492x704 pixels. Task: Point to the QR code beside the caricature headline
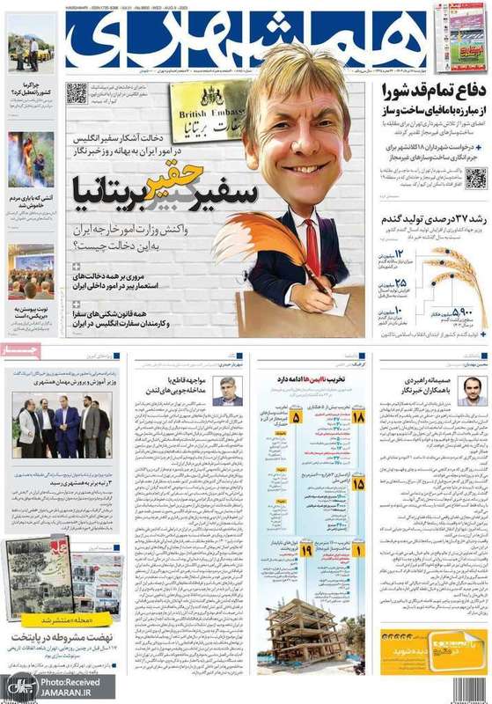(x=77, y=92)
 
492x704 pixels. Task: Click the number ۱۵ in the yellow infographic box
(x=358, y=483)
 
